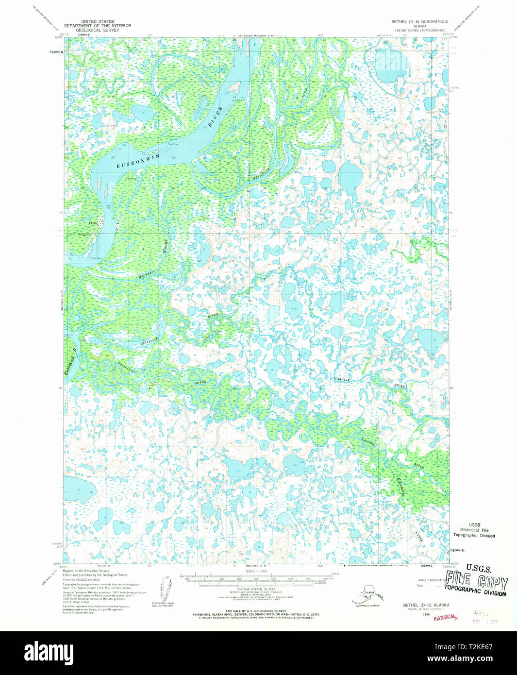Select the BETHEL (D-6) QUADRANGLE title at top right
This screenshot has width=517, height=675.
point(419,22)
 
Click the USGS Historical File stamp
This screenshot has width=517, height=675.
point(474,530)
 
